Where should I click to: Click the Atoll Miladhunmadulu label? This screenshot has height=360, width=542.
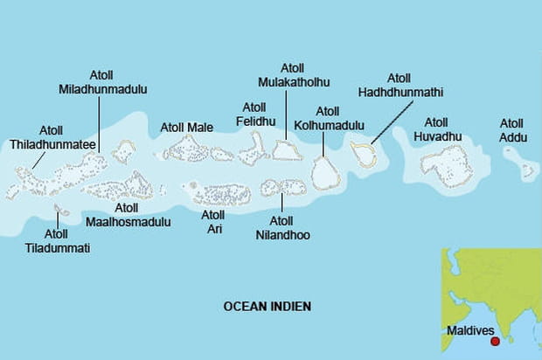102,82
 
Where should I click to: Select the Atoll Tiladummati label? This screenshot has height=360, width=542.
56,240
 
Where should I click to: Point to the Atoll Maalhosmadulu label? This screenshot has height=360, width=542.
126,215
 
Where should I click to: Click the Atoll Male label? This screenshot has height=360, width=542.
186,128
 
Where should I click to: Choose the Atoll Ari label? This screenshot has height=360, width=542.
212,221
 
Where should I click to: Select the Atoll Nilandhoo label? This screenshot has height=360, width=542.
282,228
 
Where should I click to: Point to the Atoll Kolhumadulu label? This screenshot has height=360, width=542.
328,118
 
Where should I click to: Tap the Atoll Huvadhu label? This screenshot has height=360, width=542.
437,128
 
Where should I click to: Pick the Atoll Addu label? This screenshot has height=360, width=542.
512,129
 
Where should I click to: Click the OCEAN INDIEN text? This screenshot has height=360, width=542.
268,306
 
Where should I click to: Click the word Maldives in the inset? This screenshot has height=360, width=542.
470,331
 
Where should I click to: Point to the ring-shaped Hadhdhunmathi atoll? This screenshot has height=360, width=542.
364,155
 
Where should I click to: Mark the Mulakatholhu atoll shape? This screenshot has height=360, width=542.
285,150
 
